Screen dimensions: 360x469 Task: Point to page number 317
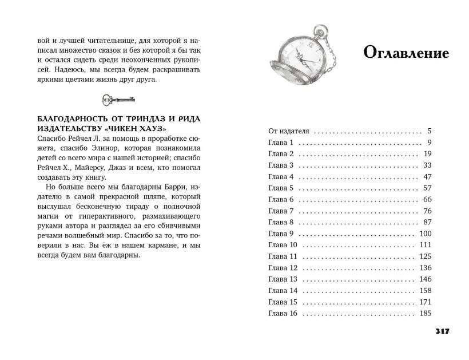tap(443, 331)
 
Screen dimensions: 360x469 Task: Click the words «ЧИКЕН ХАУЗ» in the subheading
tap(140, 129)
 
